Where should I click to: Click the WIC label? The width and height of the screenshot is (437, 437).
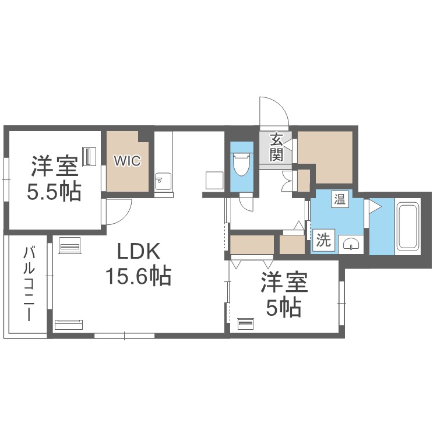(x=127, y=161)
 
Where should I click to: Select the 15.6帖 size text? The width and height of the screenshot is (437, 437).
(x=138, y=275)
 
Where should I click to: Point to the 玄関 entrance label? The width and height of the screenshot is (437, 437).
(x=276, y=147)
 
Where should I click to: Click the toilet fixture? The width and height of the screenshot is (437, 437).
(x=241, y=164)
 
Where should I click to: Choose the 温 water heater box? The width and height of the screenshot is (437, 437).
(x=339, y=199)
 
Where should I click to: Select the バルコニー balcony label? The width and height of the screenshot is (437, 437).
(x=28, y=284)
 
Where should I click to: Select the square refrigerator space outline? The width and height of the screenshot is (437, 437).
(x=213, y=180)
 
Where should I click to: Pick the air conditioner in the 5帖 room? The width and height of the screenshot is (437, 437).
(x=246, y=323)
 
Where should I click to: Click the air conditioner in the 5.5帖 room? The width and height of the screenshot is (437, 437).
(x=89, y=156)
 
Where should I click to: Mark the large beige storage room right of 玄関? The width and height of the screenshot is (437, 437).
(x=326, y=156)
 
